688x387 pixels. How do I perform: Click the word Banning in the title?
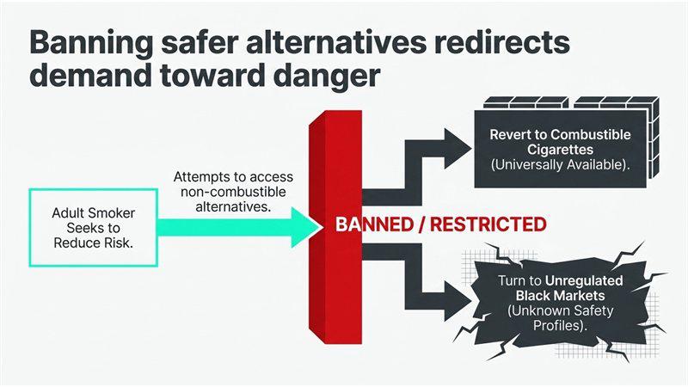pyautogui.click(x=92, y=44)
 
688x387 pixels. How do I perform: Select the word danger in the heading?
pyautogui.click(x=326, y=77)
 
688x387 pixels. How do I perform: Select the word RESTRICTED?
pyautogui.click(x=488, y=224)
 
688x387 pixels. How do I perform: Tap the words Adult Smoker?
pyautogui.click(x=94, y=213)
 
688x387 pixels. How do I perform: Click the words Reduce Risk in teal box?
pyautogui.click(x=93, y=243)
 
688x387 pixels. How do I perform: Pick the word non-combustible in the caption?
pyautogui.click(x=233, y=192)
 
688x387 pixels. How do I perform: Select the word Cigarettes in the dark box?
pyautogui.click(x=561, y=150)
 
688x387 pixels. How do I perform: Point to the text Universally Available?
pyautogui.click(x=557, y=164)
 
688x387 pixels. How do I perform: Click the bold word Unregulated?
pyautogui.click(x=584, y=280)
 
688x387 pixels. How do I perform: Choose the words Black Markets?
pyautogui.click(x=561, y=295)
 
